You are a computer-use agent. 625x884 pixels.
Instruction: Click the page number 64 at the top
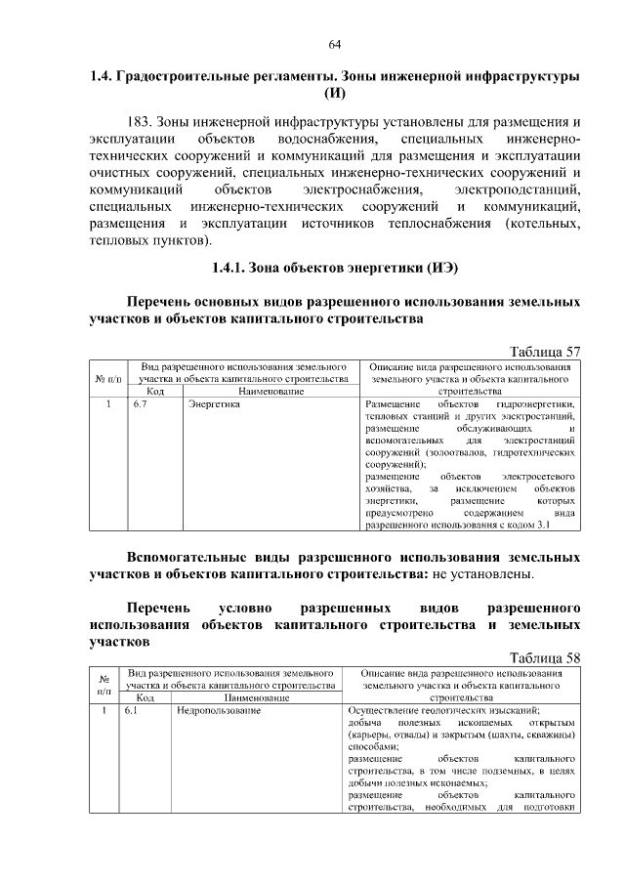334,44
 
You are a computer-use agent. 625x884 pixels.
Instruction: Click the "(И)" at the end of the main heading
334,95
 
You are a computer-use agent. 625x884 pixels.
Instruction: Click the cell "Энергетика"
214,403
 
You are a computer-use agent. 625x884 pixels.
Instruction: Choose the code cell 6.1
132,710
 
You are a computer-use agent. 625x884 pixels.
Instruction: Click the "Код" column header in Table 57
154,391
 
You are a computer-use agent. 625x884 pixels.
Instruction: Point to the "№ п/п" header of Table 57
108,378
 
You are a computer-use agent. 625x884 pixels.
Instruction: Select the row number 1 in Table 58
104,710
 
